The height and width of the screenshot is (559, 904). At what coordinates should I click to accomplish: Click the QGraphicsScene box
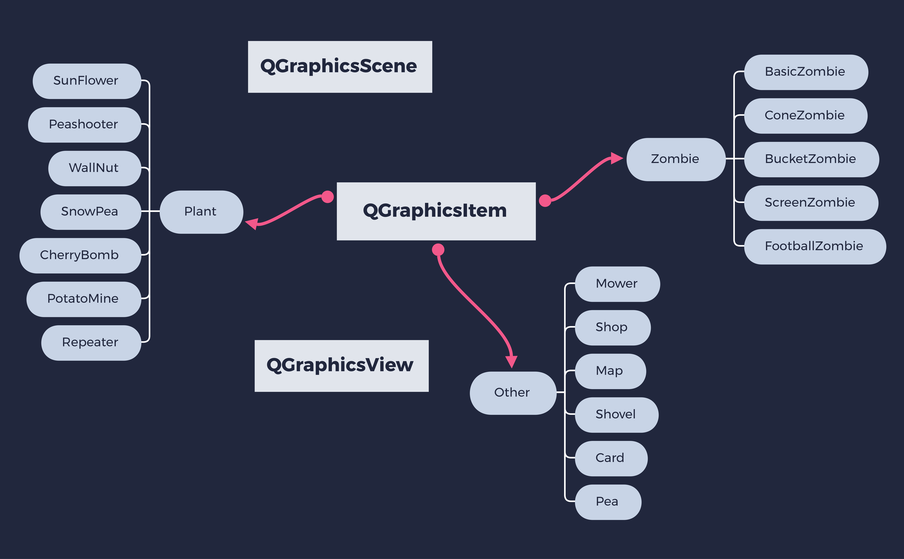click(340, 67)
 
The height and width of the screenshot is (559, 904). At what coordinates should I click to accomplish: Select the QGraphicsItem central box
click(436, 211)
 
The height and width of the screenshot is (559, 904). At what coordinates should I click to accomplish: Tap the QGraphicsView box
click(341, 366)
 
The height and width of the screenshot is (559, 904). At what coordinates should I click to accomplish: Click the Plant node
click(201, 212)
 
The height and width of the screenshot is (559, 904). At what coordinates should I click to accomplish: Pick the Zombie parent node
click(675, 159)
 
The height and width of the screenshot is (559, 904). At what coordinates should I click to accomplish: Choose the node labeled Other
click(512, 393)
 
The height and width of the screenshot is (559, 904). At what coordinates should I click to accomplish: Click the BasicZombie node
click(806, 72)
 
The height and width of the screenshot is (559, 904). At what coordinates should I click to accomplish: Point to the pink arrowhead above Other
click(511, 361)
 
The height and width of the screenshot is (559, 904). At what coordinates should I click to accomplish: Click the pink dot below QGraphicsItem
click(438, 250)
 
